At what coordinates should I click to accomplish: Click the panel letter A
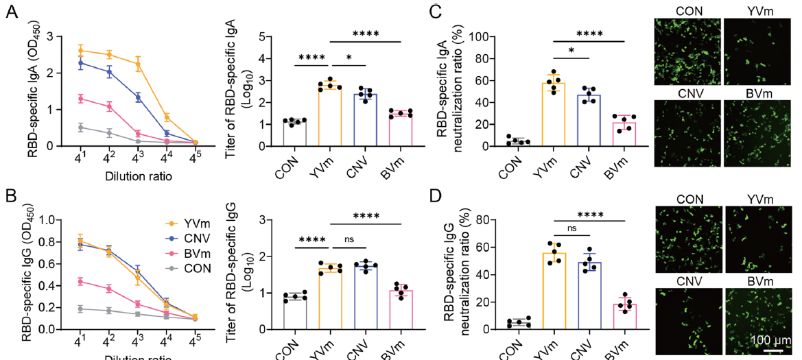click(x=12, y=13)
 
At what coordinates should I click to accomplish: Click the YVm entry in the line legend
click(x=196, y=224)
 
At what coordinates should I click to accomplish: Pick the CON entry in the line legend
click(x=196, y=267)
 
